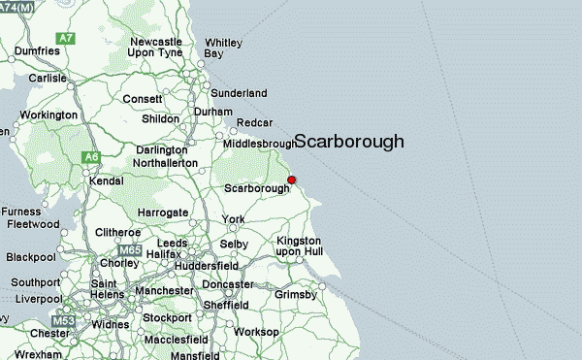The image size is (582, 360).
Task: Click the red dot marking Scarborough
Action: point(291,180)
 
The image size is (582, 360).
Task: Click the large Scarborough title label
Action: point(348,142)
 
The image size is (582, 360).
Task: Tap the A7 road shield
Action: point(66,38)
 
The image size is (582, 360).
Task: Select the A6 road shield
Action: point(91,156)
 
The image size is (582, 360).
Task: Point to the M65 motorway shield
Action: point(131,250)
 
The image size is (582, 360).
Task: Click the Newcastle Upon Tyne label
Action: point(156,49)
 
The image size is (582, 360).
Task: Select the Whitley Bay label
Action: point(221,49)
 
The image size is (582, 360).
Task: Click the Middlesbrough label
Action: point(259,144)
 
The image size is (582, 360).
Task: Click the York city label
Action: point(233,219)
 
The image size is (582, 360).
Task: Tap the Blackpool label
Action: point(31,258)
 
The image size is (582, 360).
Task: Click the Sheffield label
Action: point(225,305)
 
